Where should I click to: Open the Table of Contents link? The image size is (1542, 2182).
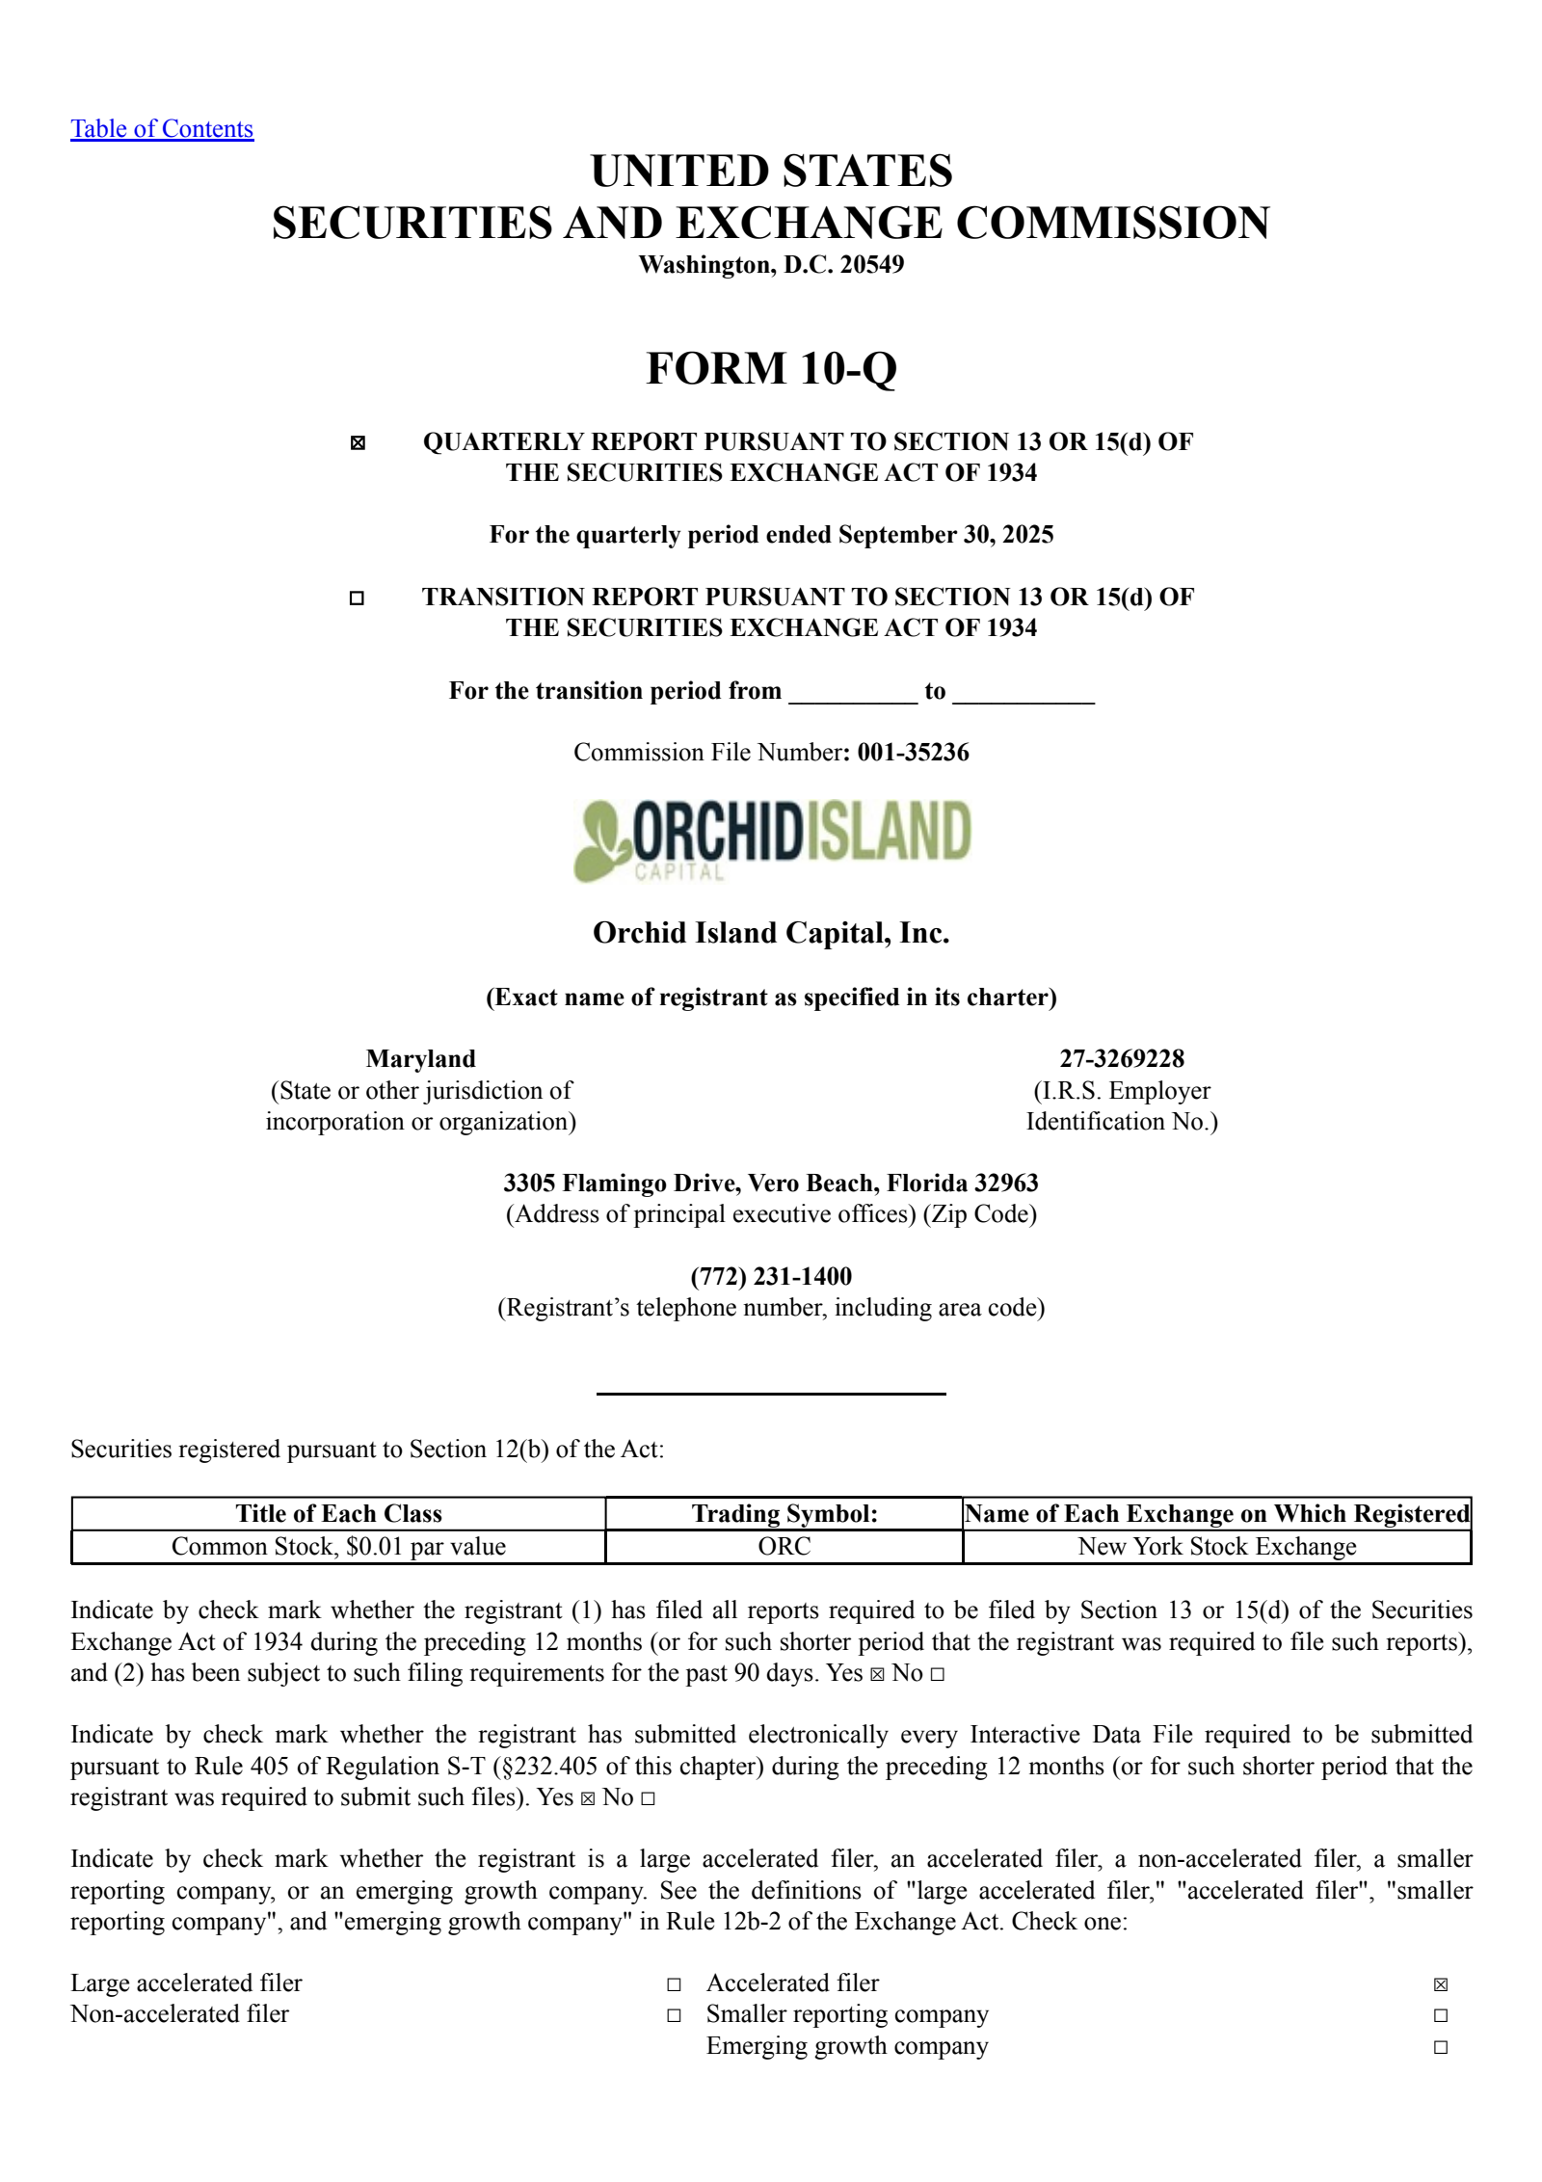tap(162, 129)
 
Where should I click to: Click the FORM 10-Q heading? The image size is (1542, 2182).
tap(771, 368)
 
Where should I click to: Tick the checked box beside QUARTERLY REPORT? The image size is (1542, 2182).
tap(358, 443)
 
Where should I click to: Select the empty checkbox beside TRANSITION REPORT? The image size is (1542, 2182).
tap(357, 599)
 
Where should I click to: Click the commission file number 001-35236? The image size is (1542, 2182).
tap(913, 753)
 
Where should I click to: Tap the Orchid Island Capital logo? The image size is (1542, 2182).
tap(772, 838)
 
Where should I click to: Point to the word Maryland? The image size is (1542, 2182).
tap(420, 1059)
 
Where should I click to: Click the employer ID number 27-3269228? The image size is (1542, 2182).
tap(1122, 1059)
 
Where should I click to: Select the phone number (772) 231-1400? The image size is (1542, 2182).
tap(771, 1277)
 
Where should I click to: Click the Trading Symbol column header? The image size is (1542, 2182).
tap(784, 1514)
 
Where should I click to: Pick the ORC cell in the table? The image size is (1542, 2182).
tap(784, 1547)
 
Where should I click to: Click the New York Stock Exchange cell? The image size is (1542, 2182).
tap(1216, 1547)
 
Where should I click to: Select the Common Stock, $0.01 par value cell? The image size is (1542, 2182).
tap(338, 1547)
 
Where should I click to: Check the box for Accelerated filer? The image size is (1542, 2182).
tap(1441, 1984)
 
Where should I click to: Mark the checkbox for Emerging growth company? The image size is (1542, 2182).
tap(1441, 2047)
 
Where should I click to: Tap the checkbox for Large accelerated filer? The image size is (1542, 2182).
tap(674, 1984)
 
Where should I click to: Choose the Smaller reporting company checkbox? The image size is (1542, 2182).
tap(1441, 2015)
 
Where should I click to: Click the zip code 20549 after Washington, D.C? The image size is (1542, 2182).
tap(872, 265)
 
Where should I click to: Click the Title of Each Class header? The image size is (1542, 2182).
tap(338, 1514)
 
